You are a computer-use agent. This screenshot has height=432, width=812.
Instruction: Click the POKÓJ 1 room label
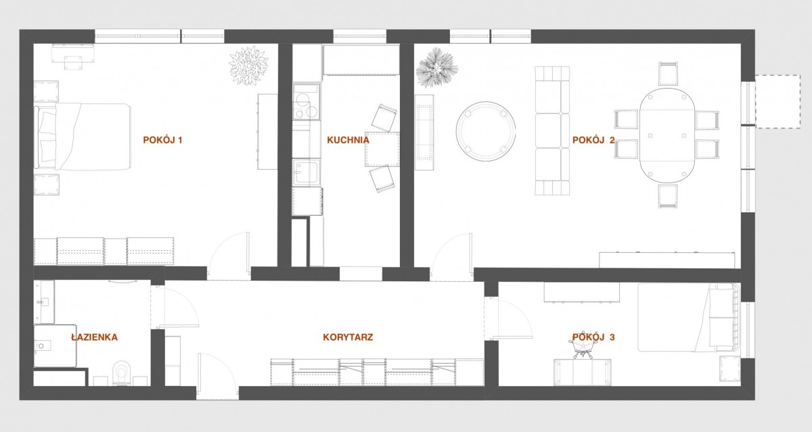162,140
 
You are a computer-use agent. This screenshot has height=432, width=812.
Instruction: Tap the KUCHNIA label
348,140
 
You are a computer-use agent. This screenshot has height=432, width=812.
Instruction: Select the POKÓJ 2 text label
593,140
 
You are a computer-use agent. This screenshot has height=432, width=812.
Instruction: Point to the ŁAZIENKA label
94,337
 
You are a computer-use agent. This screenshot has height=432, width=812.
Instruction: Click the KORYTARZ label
348,337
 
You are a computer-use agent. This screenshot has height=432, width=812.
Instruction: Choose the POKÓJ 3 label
593,337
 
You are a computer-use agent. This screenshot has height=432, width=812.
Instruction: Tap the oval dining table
667,135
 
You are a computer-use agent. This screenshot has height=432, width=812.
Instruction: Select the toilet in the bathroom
121,373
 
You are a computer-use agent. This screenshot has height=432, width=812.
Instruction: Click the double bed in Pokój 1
83,137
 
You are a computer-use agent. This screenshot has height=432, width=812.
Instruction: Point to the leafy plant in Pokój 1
249,66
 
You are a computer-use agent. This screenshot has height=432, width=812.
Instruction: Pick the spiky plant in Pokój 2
436,68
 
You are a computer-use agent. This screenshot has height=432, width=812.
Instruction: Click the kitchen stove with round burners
307,102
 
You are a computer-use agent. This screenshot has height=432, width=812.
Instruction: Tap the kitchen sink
307,172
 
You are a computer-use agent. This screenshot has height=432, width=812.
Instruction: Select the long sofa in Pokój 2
552,130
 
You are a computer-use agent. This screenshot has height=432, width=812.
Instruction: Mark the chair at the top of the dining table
668,74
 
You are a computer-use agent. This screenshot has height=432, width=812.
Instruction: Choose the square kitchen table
382,149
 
